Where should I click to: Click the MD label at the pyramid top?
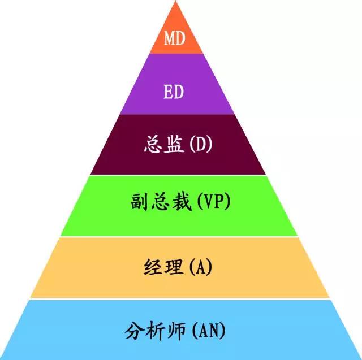coord(175,38)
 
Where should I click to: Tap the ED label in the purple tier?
coord(174,92)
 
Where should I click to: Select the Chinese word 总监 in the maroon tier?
coord(164,144)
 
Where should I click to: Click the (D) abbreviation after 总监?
coord(200,144)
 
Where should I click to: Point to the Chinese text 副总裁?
coord(161,202)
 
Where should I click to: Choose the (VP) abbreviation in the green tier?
coord(213,202)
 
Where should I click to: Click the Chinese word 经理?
coord(163,267)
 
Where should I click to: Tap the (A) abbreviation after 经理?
coord(200,267)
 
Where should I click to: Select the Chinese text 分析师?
coord(155,331)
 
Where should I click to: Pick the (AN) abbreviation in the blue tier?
coord(209,331)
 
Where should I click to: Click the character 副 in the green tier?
coord(140,202)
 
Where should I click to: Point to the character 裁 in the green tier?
coord(182,202)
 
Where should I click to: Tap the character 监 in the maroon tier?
coord(175,144)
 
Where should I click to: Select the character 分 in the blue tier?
coord(135,331)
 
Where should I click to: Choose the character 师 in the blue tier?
coord(176,331)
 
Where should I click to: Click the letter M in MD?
coord(169,38)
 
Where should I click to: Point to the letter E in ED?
coord(169,92)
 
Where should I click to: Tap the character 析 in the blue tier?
coord(156,331)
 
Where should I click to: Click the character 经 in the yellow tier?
coord(153,267)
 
